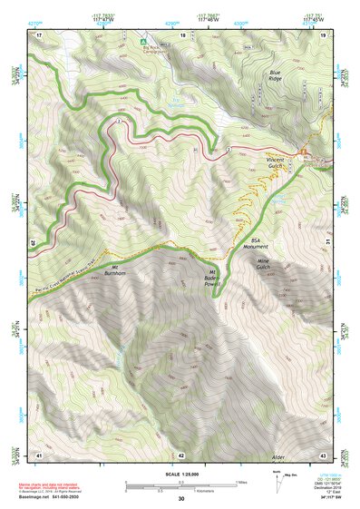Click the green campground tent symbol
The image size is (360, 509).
point(141,38)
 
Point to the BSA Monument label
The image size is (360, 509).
point(261,244)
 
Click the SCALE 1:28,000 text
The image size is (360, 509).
point(180,473)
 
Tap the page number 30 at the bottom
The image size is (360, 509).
point(180,499)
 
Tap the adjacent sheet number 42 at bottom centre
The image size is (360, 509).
point(180,454)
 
